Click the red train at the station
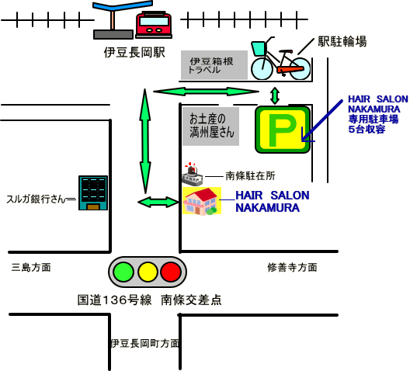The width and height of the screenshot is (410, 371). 154,25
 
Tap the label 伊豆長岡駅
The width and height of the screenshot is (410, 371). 134,53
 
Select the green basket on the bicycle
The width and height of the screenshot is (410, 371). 259,48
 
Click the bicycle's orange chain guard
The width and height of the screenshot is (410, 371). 290,70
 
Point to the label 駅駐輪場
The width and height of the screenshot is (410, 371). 342,42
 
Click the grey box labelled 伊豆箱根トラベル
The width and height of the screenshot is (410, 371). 214,65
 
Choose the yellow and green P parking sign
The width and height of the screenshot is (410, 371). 283,130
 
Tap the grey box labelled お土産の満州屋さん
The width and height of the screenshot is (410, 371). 210,127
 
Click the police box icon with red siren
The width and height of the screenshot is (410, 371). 193,174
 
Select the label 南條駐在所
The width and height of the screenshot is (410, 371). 250,176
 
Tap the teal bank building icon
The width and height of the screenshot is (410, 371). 93,192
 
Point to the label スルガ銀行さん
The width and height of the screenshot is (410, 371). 36,199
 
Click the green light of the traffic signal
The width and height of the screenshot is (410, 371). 123,272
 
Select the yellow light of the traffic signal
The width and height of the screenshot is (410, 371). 148,272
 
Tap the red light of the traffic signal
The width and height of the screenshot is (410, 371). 171,272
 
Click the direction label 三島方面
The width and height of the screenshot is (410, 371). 31,267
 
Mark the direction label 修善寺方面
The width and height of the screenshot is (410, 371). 292,267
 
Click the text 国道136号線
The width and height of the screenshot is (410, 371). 114,300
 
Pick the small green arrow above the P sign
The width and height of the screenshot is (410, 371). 275,95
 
